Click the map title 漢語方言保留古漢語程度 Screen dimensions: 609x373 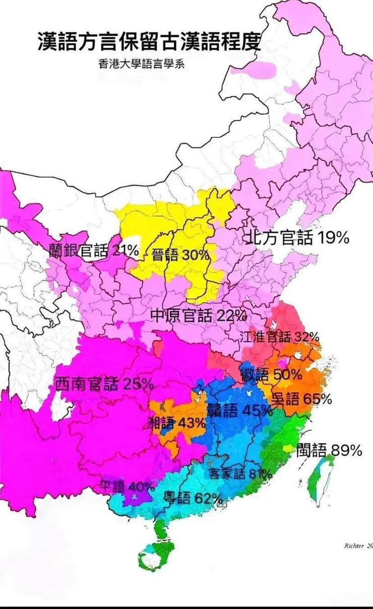[149, 42]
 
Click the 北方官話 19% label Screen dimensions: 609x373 [297, 237]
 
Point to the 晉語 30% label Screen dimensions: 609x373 [173, 255]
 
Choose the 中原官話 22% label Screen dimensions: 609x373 [199, 315]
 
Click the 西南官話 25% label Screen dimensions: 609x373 [104, 384]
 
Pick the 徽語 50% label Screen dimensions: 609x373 [271, 374]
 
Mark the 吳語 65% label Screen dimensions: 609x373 [301, 399]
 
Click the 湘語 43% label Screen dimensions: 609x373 [177, 423]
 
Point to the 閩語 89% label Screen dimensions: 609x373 [329, 449]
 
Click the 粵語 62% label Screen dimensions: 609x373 [193, 499]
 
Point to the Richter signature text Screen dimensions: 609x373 [358, 546]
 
